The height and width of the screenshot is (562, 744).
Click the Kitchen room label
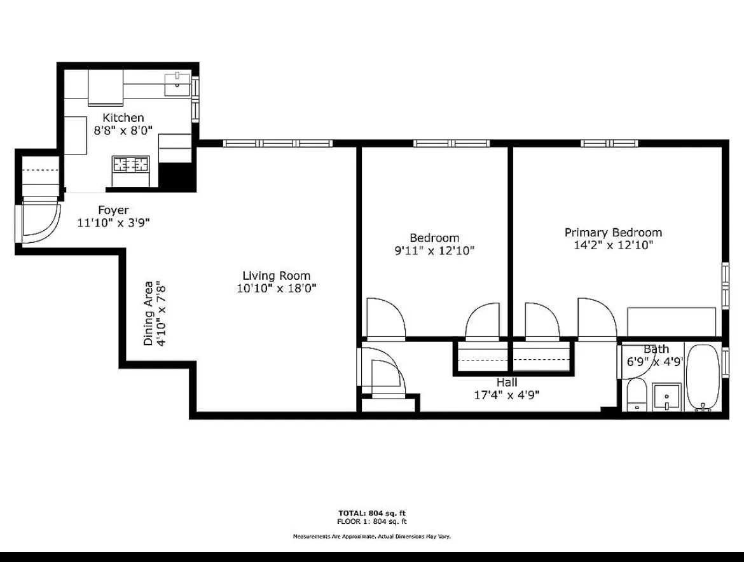tap(123, 118)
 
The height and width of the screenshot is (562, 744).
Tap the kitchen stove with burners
tap(131, 164)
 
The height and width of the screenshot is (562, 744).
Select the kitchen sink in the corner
tap(177, 83)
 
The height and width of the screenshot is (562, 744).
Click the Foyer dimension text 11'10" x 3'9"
tap(114, 223)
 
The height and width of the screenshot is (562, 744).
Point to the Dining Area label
tap(148, 314)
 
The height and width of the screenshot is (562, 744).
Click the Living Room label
tap(277, 275)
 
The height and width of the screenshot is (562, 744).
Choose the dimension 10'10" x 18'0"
tap(277, 288)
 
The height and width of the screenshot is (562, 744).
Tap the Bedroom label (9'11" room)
tap(434, 238)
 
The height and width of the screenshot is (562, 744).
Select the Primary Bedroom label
tap(613, 232)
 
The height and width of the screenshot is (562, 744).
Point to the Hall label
tap(507, 382)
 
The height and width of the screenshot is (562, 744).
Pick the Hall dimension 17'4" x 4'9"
tap(506, 394)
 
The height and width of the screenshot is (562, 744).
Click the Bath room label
tap(656, 349)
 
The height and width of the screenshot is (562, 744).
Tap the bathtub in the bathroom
tap(703, 378)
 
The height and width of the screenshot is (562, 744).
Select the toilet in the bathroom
tap(635, 397)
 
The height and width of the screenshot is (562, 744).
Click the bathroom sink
tap(666, 397)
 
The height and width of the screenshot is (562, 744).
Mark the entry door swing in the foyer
tap(40, 223)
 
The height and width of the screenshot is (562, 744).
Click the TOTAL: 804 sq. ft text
tap(372, 513)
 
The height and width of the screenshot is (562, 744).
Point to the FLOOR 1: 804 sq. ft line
tap(372, 522)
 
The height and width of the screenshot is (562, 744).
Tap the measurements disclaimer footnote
tap(372, 537)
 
